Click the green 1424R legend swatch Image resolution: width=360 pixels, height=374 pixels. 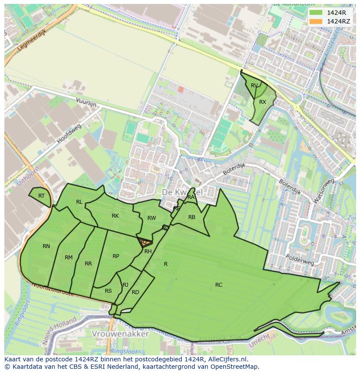316,13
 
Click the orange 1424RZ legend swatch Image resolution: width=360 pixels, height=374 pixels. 316,21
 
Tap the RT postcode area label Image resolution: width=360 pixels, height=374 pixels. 41,196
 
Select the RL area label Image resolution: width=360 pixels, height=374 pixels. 79,202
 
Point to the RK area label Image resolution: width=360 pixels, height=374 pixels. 115,216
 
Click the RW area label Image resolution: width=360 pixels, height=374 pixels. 151,218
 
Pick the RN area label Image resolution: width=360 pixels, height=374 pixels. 46,246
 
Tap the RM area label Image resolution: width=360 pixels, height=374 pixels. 69,258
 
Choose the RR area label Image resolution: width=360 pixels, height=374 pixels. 88,264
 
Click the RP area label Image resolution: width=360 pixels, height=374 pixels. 116,256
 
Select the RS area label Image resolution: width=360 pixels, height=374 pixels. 108,291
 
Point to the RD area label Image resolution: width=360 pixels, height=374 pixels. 135,292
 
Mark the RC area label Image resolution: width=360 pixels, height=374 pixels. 219,285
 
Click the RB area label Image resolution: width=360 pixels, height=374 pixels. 192,217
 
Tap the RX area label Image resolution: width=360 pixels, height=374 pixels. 263,102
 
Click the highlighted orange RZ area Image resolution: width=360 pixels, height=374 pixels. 145,243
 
